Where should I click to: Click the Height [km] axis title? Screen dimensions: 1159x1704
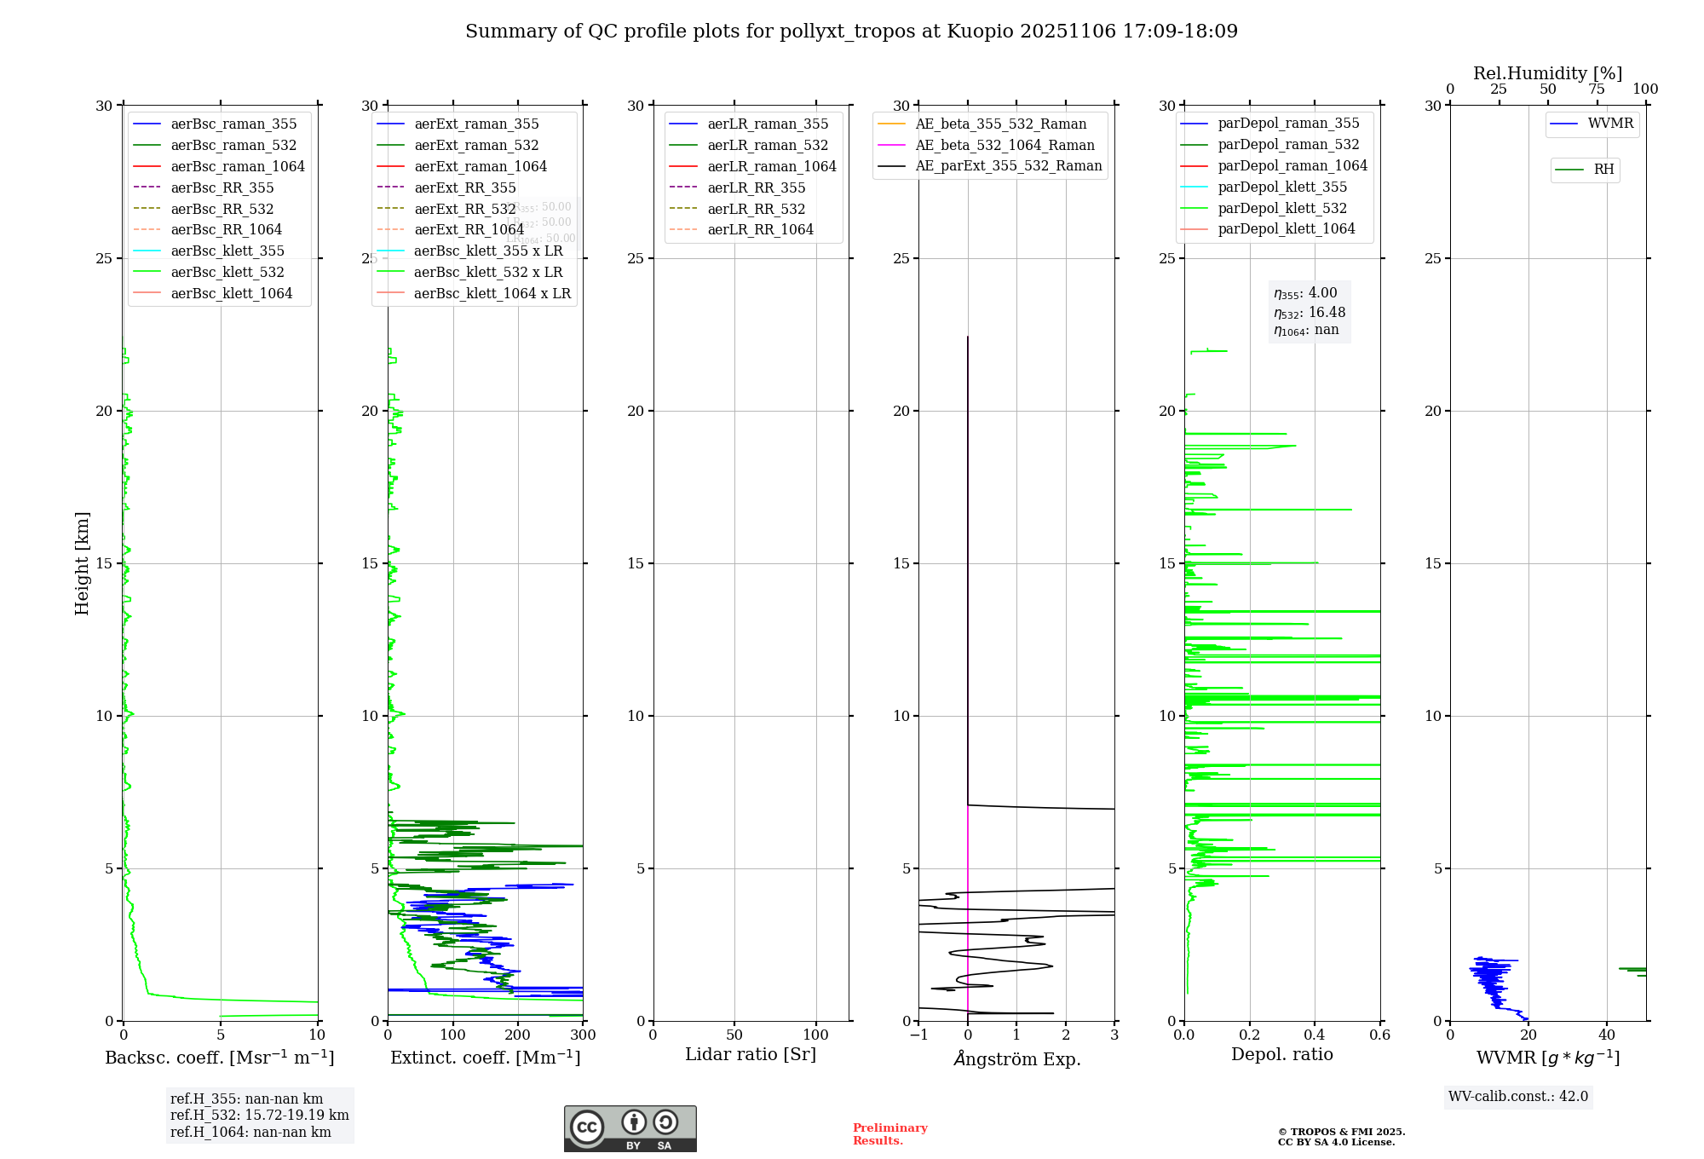click(x=82, y=563)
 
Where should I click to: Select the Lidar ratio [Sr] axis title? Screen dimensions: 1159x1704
click(x=751, y=1055)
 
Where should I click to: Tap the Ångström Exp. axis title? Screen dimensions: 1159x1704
click(x=1016, y=1059)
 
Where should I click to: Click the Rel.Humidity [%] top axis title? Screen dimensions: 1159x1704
click(x=1547, y=74)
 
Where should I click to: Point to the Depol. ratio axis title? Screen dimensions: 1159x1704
click(x=1281, y=1055)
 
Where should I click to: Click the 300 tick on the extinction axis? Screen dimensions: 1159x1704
click(x=583, y=1035)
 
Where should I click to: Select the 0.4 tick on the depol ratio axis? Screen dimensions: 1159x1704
click(x=1315, y=1035)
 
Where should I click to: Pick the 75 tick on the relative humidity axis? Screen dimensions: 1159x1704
click(x=1597, y=89)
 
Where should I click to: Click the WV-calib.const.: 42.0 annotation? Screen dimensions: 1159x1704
click(x=1518, y=1097)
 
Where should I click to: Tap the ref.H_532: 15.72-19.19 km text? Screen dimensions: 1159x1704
click(x=259, y=1116)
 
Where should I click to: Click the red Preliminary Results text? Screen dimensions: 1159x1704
click(x=889, y=1134)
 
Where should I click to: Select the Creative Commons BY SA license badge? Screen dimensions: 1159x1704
click(x=630, y=1129)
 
